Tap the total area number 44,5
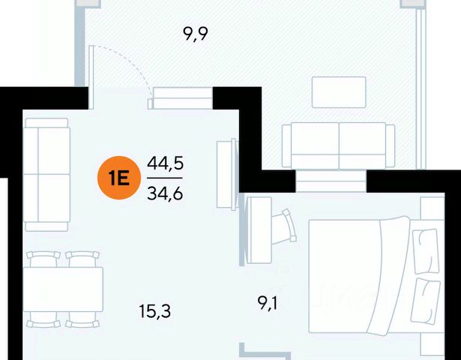click(166, 163)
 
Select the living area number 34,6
click(166, 193)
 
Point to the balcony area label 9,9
click(195, 34)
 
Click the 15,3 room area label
click(155, 309)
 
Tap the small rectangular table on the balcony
click(339, 92)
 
